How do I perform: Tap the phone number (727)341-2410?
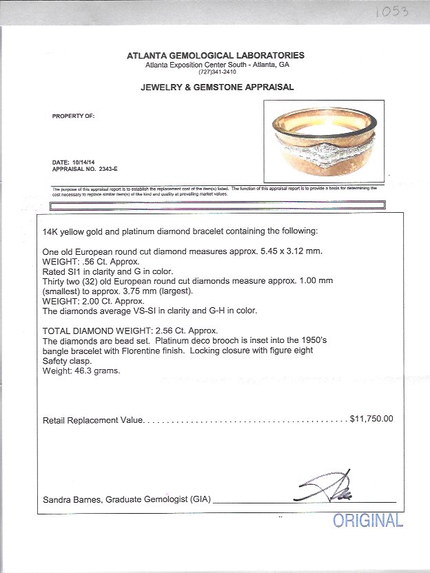click(x=216, y=72)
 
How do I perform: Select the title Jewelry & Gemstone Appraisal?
click(x=217, y=87)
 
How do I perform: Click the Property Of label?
click(x=73, y=116)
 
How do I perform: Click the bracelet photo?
click(x=323, y=142)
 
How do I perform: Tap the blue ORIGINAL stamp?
click(x=368, y=521)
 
